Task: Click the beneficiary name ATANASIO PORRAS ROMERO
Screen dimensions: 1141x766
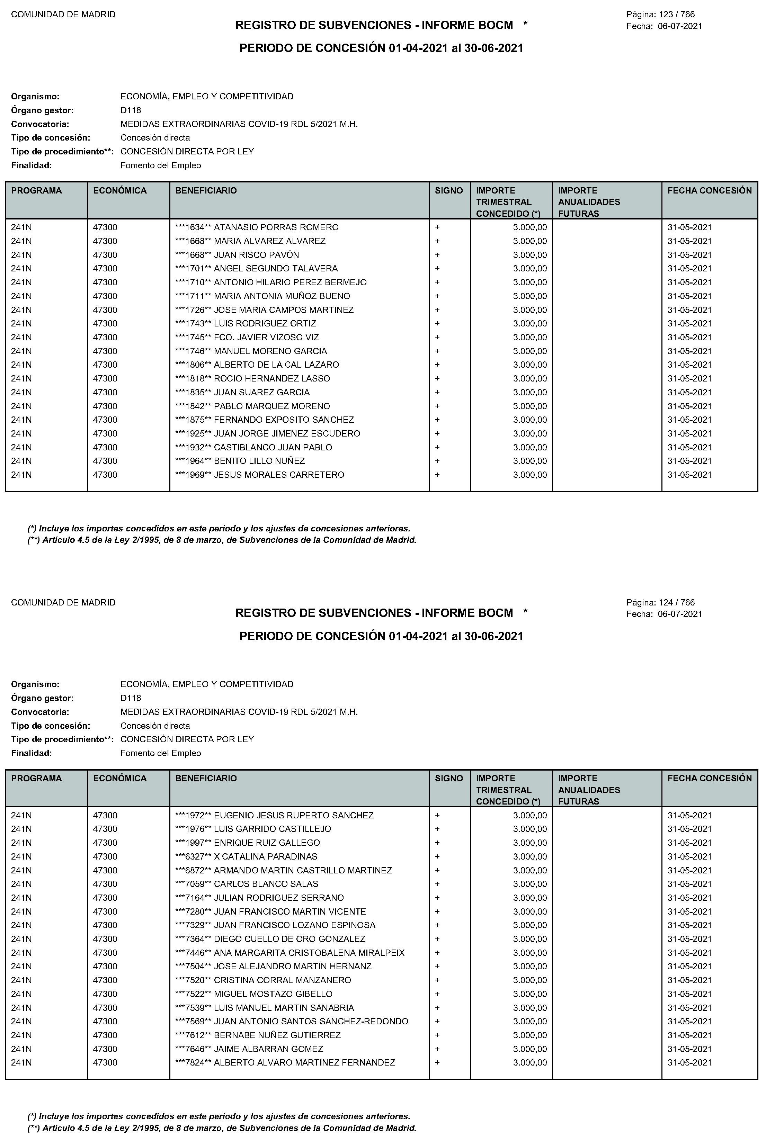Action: coord(276,227)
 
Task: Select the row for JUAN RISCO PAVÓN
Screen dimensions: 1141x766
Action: coord(257,255)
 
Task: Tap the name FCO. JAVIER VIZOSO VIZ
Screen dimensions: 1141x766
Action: coord(266,338)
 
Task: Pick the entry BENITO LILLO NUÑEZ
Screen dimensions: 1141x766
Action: coord(259,461)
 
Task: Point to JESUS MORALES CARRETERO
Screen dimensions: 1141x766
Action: coord(279,475)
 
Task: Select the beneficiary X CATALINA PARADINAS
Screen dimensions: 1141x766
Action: coord(266,856)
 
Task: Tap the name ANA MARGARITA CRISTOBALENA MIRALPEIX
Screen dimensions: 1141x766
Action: coord(309,953)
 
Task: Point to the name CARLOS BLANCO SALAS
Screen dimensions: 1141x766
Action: coord(266,884)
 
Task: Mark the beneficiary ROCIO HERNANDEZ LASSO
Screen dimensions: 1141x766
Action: coord(272,378)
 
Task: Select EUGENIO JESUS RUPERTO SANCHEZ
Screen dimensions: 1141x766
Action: coord(294,815)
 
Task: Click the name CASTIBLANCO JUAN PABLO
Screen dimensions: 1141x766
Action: coord(273,447)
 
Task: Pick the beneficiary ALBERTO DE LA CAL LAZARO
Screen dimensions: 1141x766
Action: coord(276,365)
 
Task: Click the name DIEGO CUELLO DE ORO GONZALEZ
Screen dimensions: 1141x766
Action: coord(290,939)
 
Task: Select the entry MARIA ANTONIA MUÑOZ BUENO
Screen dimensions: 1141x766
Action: coord(282,296)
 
